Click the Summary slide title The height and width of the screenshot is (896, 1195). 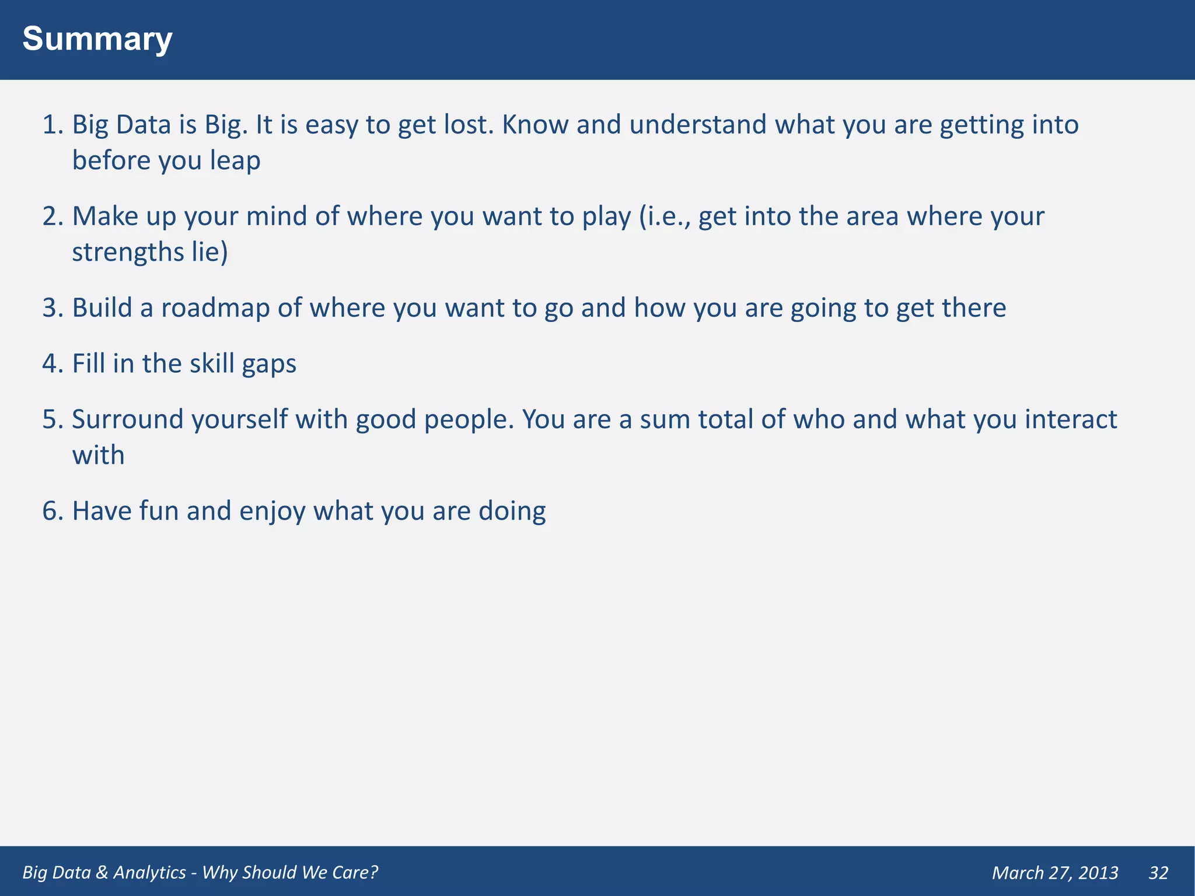tap(97, 39)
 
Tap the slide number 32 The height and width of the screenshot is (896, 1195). tap(1158, 873)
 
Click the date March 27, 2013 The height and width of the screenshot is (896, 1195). tap(1055, 873)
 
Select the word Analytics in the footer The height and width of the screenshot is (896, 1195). tap(149, 872)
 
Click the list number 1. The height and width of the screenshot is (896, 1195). tap(52, 125)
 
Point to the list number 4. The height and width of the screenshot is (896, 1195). tap(52, 363)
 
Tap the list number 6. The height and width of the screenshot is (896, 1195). tap(52, 511)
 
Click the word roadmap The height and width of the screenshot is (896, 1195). tap(215, 308)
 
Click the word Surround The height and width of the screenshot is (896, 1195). tap(128, 419)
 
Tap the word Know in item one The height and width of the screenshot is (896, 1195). tap(535, 125)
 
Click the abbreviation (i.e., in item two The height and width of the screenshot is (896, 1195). tap(665, 217)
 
